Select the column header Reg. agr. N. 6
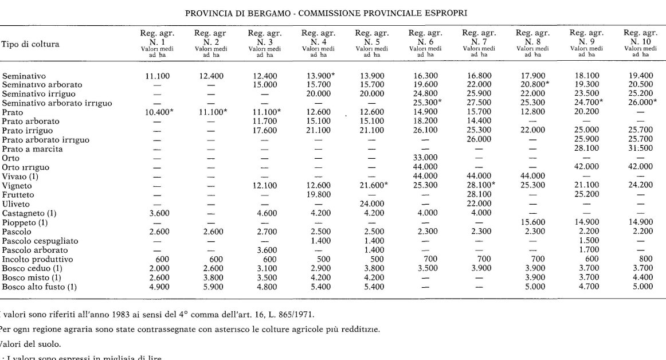click(424, 37)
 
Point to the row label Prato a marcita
click(32, 149)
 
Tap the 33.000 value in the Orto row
click(424, 158)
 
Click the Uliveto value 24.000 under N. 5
click(371, 204)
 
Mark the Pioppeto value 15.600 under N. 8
click(532, 222)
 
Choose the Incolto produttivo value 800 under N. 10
click(640, 259)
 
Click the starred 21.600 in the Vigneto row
click(372, 186)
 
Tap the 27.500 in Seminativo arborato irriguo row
click(478, 103)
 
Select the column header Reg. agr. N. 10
click(640, 37)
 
